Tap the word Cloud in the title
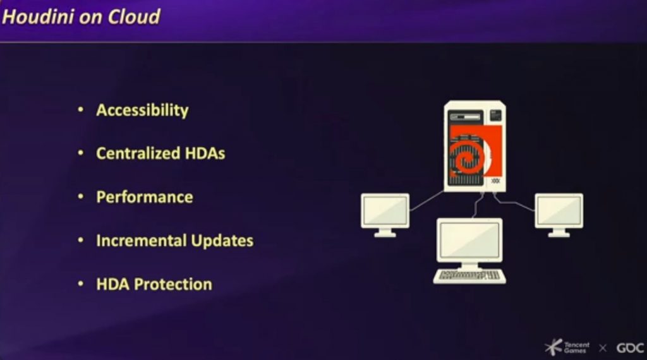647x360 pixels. [x=134, y=17]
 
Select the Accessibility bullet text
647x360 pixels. [x=142, y=111]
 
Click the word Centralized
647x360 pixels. [x=138, y=153]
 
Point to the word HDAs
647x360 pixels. [x=205, y=153]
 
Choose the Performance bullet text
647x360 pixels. [x=145, y=197]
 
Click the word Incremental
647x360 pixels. [x=141, y=241]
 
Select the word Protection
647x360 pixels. [x=173, y=284]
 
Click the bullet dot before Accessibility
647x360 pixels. [x=81, y=110]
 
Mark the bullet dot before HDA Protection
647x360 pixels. [x=81, y=284]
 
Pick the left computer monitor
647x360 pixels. [x=385, y=215]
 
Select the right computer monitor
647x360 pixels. [x=559, y=215]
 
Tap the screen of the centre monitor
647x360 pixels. [x=469, y=239]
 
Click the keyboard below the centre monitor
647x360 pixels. [x=469, y=276]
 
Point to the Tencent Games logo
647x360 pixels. [x=567, y=347]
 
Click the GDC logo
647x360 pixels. [x=630, y=348]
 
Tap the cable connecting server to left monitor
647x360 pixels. [x=426, y=201]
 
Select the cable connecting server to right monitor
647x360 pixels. [x=513, y=202]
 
